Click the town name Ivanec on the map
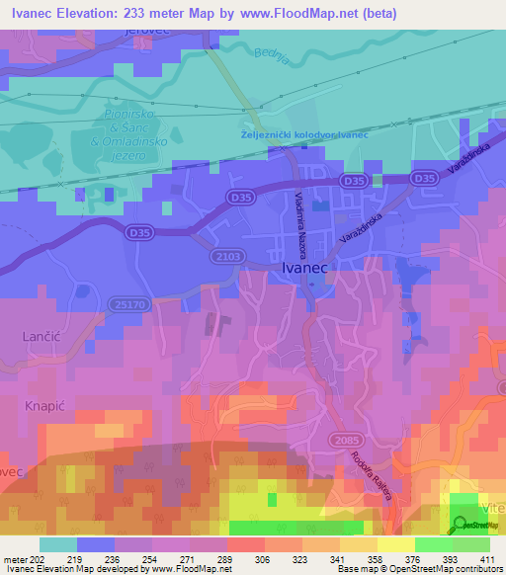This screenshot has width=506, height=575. tap(307, 267)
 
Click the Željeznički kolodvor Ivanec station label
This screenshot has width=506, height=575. tap(303, 135)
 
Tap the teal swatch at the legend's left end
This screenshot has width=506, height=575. tap(58, 544)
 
